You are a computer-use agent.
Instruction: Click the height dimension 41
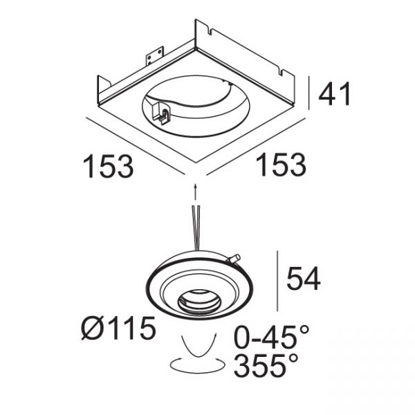(x=335, y=93)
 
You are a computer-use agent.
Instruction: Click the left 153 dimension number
(x=109, y=166)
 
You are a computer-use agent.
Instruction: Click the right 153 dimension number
(x=281, y=165)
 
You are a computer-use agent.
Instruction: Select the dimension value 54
(x=304, y=279)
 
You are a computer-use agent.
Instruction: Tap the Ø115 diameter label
(x=118, y=328)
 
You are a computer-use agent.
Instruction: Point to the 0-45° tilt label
(x=271, y=337)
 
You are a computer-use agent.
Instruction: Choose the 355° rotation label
(x=266, y=366)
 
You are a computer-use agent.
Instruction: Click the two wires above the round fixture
(x=196, y=228)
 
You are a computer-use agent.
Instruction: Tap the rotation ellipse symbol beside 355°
(x=197, y=366)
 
